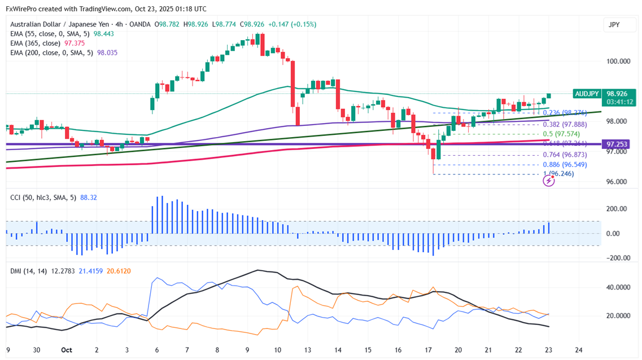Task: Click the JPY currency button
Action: click(x=614, y=24)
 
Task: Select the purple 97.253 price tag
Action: click(x=617, y=144)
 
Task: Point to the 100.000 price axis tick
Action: click(x=617, y=61)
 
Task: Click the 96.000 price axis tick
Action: click(x=617, y=182)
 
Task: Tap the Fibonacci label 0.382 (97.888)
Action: click(x=565, y=124)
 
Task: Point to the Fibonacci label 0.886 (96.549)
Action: click(x=565, y=164)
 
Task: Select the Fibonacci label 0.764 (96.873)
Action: click(x=565, y=155)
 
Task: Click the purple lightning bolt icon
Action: click(x=548, y=181)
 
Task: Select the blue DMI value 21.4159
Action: click(x=88, y=271)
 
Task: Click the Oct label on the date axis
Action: click(x=66, y=350)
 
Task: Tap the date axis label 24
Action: click(x=578, y=350)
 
